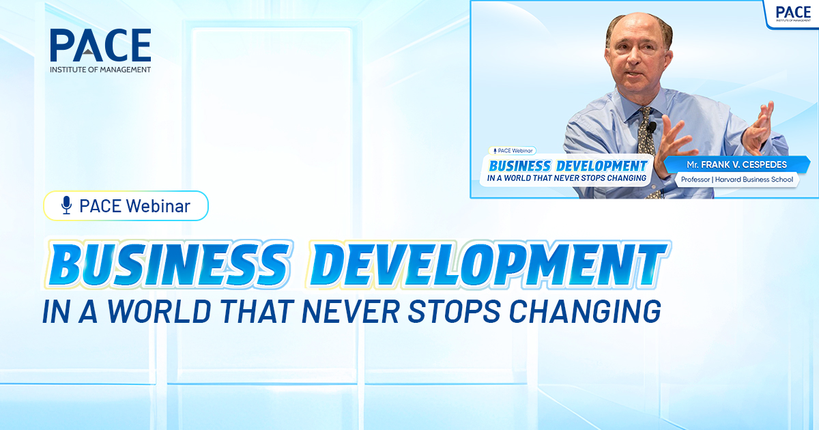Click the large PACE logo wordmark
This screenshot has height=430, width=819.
coord(100,46)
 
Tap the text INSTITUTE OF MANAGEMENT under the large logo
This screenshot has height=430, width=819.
coord(100,70)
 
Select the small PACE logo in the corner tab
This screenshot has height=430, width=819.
coord(792,13)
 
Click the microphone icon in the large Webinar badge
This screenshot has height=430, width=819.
coord(66,205)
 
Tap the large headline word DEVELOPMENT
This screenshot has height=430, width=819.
coord(487,263)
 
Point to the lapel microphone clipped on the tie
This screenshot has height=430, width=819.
coord(652,128)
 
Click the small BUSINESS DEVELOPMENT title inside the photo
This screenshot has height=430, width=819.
coord(568,166)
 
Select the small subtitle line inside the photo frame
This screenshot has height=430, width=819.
coord(566,179)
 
